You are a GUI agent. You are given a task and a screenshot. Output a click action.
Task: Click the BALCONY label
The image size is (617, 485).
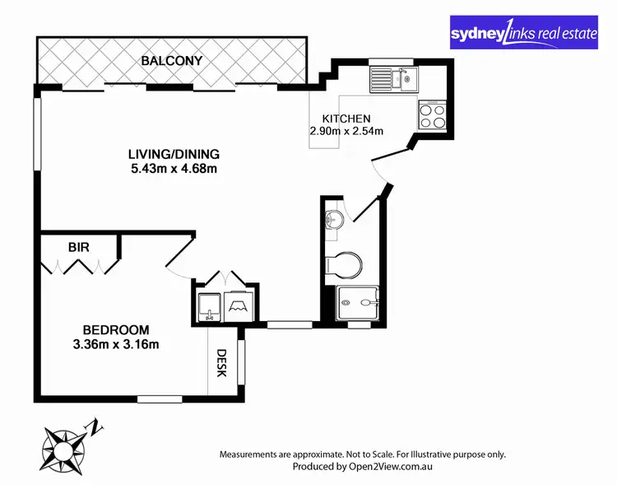(x=171, y=61)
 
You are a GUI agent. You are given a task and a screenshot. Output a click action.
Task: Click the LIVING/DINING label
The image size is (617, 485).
(x=174, y=155)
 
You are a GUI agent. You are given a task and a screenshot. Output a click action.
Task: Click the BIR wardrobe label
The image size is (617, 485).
(x=79, y=246)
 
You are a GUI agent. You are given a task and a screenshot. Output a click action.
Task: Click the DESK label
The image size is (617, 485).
(x=221, y=363)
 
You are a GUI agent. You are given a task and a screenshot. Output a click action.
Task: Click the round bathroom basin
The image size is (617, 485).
(x=332, y=220)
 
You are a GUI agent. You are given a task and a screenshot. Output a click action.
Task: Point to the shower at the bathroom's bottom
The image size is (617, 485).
(x=360, y=304)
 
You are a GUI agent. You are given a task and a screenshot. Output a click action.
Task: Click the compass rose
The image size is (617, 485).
(x=63, y=446)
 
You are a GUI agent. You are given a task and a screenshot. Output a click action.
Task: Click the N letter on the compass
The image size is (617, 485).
(x=97, y=427)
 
